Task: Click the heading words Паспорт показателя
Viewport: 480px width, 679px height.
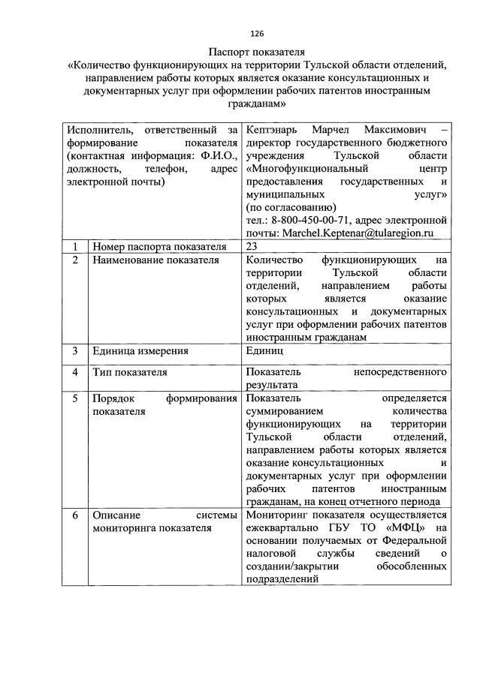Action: tap(257, 52)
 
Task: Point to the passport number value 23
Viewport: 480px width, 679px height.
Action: tap(252, 247)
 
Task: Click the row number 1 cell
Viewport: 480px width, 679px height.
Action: tap(75, 247)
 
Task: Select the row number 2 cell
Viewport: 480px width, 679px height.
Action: tap(75, 260)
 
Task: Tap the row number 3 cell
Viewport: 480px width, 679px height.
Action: tap(75, 351)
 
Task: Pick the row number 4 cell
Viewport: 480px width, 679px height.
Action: tap(75, 372)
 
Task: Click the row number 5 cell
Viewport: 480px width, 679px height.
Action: tap(75, 398)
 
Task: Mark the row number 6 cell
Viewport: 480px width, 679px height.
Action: tap(75, 515)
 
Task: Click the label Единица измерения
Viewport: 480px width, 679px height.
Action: tap(140, 351)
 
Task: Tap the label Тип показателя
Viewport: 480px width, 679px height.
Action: tap(130, 372)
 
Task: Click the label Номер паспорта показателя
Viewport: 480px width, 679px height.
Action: tap(159, 247)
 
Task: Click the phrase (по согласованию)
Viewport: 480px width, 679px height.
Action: tap(291, 208)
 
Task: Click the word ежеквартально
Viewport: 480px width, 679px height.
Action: tap(285, 529)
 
